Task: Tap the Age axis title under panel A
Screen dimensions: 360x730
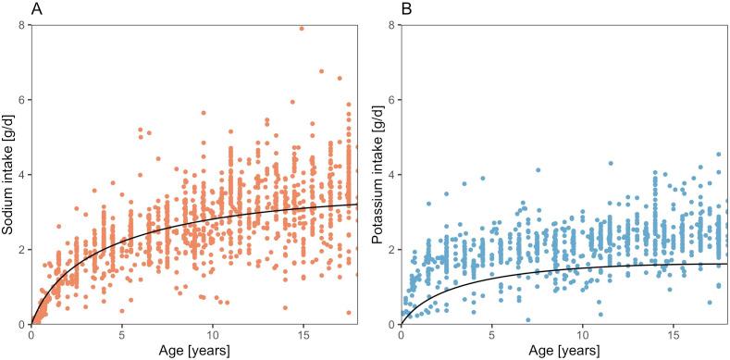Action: pos(194,351)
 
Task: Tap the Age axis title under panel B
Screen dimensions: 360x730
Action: pos(563,351)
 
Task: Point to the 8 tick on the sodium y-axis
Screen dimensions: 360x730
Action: pos(23,23)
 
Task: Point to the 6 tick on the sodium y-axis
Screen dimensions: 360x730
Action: pos(23,99)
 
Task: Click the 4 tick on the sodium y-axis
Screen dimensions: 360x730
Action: pos(23,174)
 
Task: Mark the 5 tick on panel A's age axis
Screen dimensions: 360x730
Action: pos(122,334)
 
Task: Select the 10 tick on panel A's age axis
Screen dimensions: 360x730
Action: pos(213,334)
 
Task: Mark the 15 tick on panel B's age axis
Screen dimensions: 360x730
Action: pos(673,334)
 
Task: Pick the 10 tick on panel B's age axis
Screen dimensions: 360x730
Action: pos(582,334)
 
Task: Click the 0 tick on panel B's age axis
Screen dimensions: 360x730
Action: pos(401,334)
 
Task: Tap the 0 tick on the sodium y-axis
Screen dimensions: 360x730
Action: pos(23,325)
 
